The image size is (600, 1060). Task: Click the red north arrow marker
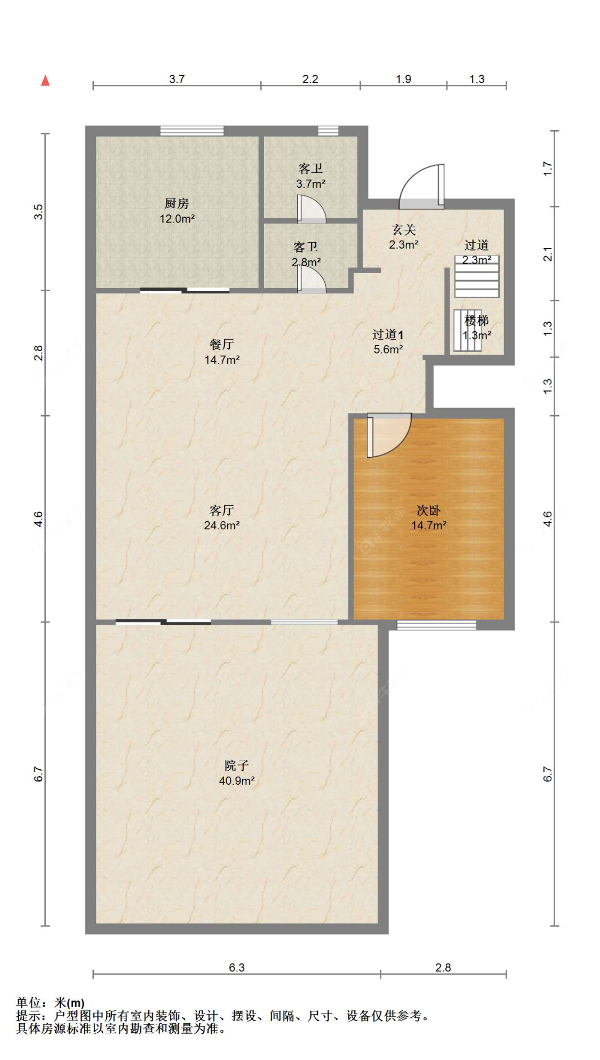[45, 81]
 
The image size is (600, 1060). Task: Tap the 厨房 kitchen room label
[177, 203]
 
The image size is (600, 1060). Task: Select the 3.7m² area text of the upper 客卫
[311, 184]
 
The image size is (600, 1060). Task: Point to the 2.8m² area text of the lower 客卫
[306, 262]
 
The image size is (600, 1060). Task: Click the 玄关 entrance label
[404, 229]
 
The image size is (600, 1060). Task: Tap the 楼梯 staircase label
[476, 321]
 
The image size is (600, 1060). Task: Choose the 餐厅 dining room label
[222, 345]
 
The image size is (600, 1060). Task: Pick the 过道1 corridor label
[388, 334]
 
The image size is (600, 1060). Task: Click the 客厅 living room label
[222, 511]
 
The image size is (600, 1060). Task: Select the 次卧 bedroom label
[428, 511]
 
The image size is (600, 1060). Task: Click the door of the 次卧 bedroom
[388, 435]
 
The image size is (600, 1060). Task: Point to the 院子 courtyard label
[237, 766]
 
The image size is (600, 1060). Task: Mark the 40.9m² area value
[237, 781]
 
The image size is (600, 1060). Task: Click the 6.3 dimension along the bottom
[237, 967]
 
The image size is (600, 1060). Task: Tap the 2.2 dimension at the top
[310, 79]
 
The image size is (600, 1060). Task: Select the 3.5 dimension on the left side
[38, 212]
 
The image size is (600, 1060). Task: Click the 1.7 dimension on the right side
[547, 169]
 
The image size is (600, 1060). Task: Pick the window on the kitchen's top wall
[192, 131]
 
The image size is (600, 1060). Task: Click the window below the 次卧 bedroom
[436, 625]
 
